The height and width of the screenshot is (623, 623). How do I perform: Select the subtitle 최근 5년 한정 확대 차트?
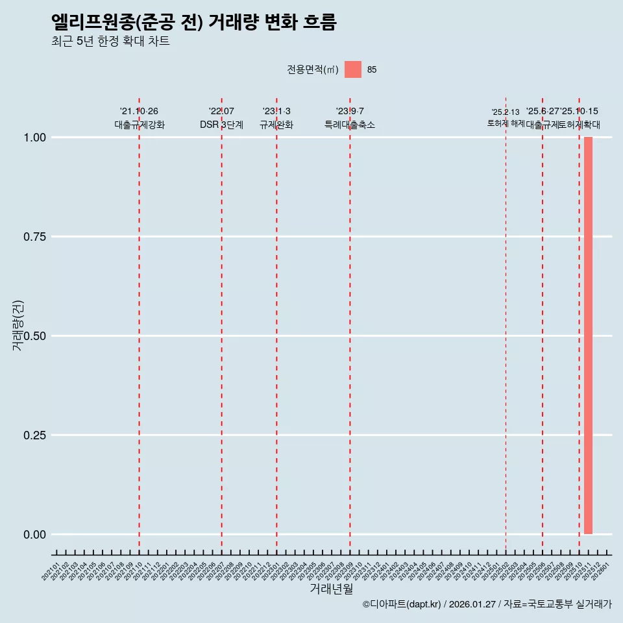110,42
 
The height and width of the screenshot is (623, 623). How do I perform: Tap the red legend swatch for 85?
352,69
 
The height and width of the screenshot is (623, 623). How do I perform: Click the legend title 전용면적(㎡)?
313,69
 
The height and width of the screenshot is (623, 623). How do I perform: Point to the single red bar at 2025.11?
588,335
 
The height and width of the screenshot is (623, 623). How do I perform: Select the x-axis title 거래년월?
331,589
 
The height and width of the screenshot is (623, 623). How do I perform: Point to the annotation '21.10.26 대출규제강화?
140,118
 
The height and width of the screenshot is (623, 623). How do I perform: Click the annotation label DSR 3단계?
221,125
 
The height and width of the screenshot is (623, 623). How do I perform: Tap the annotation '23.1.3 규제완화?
276,118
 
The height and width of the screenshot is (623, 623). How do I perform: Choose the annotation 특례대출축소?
350,125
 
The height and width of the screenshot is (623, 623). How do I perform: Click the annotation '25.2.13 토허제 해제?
506,117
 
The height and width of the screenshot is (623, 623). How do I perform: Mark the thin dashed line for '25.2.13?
506,324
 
